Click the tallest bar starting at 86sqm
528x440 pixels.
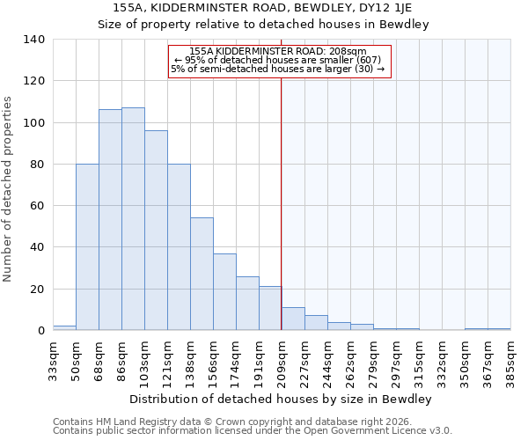point(133,219)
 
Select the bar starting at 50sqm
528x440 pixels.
point(87,247)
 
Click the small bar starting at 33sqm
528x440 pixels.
point(64,328)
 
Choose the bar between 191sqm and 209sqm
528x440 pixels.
point(270,309)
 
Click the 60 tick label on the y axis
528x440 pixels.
point(38,206)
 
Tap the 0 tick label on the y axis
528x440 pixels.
point(40,331)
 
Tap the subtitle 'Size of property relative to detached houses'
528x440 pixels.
point(264,25)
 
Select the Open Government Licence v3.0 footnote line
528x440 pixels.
point(253,431)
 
